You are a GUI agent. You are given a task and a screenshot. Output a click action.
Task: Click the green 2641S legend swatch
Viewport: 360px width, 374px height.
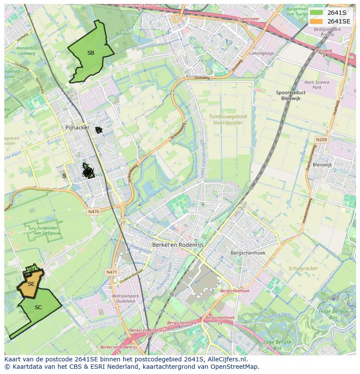tap(316, 13)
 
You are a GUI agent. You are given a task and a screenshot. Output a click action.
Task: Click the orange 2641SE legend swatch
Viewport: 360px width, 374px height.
tap(316, 21)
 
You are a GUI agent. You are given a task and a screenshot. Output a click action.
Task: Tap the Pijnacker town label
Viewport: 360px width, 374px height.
tap(77, 128)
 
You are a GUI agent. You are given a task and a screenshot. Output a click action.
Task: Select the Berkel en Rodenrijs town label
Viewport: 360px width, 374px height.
tap(177, 245)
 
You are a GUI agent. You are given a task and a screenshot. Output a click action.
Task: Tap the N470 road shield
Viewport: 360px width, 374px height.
tap(93, 212)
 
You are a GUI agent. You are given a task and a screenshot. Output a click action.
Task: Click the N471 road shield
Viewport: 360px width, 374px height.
tap(112, 272)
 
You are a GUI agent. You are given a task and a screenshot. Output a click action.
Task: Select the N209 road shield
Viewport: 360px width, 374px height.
tap(321, 139)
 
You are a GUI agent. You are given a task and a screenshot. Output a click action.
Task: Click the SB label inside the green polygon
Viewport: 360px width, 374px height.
tap(90, 53)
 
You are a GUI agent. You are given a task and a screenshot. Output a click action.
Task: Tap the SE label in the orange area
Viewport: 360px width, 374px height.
tap(31, 284)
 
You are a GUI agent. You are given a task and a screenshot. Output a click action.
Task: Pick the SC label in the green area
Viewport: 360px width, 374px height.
tap(38, 308)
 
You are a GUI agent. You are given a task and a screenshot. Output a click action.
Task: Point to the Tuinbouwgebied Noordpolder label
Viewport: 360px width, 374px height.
tap(227, 120)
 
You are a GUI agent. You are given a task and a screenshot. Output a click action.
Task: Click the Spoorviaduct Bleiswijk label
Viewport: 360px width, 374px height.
tap(290, 96)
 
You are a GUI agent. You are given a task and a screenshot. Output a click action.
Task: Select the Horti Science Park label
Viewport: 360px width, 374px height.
tap(317, 85)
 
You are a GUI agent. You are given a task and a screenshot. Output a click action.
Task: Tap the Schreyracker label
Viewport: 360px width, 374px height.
tap(303, 268)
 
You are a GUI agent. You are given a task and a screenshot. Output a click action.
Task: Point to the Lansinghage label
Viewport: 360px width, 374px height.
tap(262, 53)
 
